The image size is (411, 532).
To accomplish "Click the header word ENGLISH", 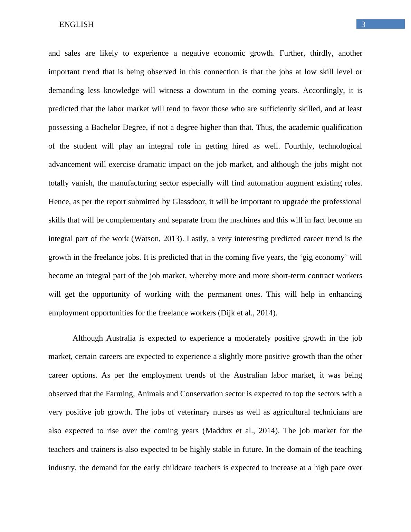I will pos(76,25).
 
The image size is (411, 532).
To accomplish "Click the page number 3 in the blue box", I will pos(363,24).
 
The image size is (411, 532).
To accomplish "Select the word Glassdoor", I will pos(188,202).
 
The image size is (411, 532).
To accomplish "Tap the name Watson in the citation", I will pos(146,239).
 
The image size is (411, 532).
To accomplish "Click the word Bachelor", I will pos(106,127).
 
